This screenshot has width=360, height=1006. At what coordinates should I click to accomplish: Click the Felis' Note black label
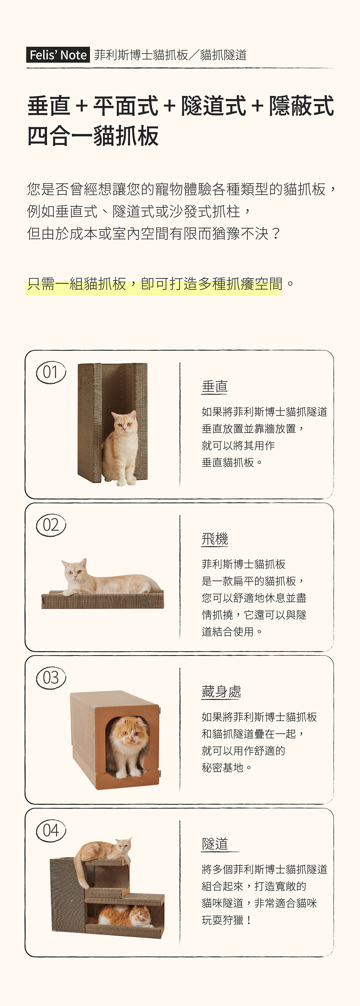(58, 55)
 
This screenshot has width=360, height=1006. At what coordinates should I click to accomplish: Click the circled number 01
(51, 372)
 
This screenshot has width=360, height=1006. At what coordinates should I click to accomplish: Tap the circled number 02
(51, 525)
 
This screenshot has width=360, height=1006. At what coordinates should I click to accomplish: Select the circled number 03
(51, 678)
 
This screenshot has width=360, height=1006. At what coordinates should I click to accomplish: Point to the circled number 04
(51, 830)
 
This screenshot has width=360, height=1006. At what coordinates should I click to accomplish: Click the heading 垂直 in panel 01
(215, 386)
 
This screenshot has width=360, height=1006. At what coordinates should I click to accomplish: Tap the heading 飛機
(215, 539)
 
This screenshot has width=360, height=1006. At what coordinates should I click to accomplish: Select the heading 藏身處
(221, 692)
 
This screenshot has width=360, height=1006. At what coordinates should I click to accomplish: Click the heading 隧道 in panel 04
(215, 844)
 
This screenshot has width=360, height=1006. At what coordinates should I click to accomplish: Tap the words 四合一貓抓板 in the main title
(93, 136)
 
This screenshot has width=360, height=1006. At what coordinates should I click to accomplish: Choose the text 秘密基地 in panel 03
(222, 768)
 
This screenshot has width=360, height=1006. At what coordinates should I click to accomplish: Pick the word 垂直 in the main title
(49, 106)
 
